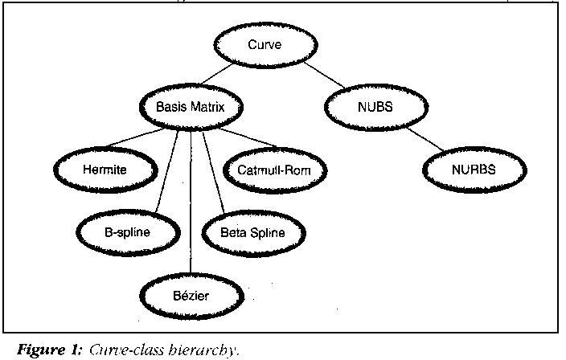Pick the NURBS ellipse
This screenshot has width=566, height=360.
pyautogui.click(x=474, y=170)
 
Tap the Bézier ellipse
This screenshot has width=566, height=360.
pyautogui.click(x=191, y=295)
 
